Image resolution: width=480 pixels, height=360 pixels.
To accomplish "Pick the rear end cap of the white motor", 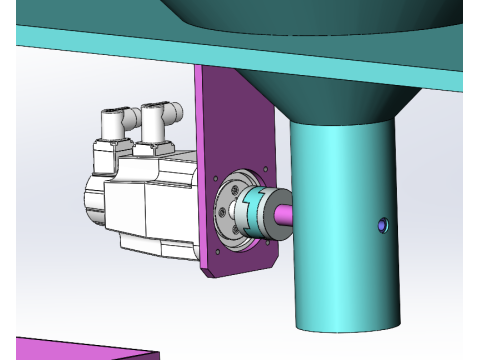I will pyautogui.click(x=92, y=200).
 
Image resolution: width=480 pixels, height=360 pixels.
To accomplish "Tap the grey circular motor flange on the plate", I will pyautogui.click(x=232, y=212).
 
